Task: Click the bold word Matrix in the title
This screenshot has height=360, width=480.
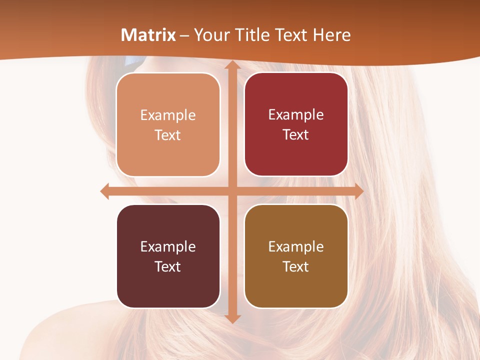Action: (x=148, y=35)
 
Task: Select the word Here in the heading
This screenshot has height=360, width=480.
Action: (x=332, y=35)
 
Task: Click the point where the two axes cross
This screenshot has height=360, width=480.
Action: (x=232, y=191)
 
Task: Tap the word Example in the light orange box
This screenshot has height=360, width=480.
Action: (x=168, y=115)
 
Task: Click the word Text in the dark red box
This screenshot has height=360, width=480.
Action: (x=296, y=135)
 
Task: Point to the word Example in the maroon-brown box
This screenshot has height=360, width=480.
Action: (x=168, y=247)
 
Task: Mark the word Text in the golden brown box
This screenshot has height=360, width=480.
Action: (x=296, y=266)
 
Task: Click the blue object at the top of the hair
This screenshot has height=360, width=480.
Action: (x=134, y=61)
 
